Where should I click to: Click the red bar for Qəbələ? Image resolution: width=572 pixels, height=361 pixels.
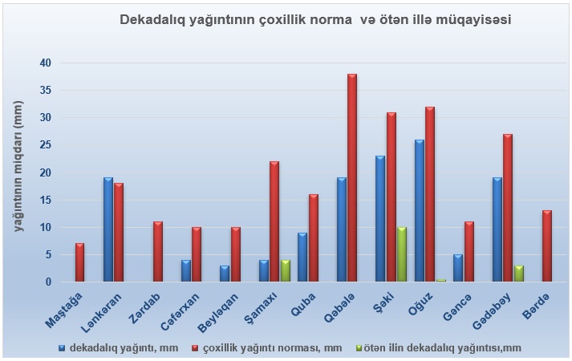(352, 177)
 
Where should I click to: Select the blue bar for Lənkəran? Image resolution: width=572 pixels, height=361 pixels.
(108, 229)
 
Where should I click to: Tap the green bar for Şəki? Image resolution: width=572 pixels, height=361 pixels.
(402, 254)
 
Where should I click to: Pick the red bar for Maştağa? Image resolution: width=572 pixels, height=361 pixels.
(80, 262)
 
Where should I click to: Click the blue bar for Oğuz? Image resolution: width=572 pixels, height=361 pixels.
(420, 210)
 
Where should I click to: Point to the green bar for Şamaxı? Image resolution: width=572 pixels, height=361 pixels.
(286, 270)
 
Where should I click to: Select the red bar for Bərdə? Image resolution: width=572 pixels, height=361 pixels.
(547, 245)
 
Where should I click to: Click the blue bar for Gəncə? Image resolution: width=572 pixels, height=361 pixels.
(458, 268)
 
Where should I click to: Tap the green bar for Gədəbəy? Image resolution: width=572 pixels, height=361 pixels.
(519, 274)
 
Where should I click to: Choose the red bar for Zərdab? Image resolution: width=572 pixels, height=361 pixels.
(158, 252)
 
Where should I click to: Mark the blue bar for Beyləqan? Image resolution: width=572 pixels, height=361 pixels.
(225, 274)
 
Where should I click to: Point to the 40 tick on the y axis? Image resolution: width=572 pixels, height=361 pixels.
(61, 63)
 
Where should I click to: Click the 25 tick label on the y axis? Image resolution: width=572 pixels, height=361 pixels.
(46, 145)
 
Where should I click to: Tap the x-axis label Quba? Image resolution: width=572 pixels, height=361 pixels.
(303, 305)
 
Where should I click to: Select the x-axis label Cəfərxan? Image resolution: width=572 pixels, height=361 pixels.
(181, 312)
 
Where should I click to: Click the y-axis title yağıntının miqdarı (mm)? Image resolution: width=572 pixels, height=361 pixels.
(18, 167)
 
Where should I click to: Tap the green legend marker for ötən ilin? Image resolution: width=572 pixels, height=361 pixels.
(358, 348)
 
